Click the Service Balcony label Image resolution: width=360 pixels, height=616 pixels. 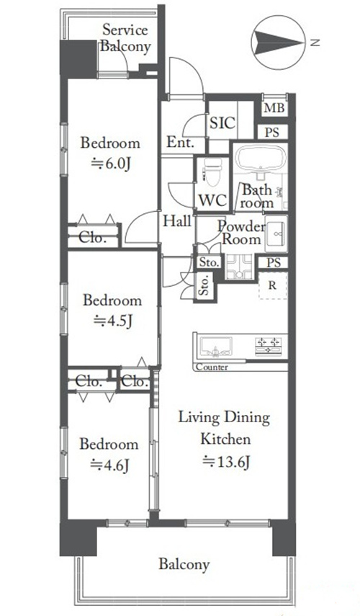[125, 37]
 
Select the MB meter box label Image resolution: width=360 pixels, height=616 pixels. [274, 107]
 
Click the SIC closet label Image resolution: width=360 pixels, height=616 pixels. [222, 123]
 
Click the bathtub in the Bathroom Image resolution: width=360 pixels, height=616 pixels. [261, 159]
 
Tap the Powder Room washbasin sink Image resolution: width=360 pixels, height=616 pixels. [276, 233]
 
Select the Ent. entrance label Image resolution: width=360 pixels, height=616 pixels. [180, 142]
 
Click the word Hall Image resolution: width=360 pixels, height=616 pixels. [177, 221]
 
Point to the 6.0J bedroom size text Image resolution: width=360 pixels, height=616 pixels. [110, 164]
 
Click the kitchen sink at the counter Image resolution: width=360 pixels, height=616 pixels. [216, 347]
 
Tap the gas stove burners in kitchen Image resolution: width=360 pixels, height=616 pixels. [268, 346]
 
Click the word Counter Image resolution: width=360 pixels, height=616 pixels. [212, 367]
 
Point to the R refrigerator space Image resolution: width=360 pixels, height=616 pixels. [272, 285]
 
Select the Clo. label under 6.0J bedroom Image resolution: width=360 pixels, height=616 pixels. [93, 238]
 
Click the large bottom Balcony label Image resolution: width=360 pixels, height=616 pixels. [184, 565]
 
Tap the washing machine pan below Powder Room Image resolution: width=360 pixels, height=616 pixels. [239, 267]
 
